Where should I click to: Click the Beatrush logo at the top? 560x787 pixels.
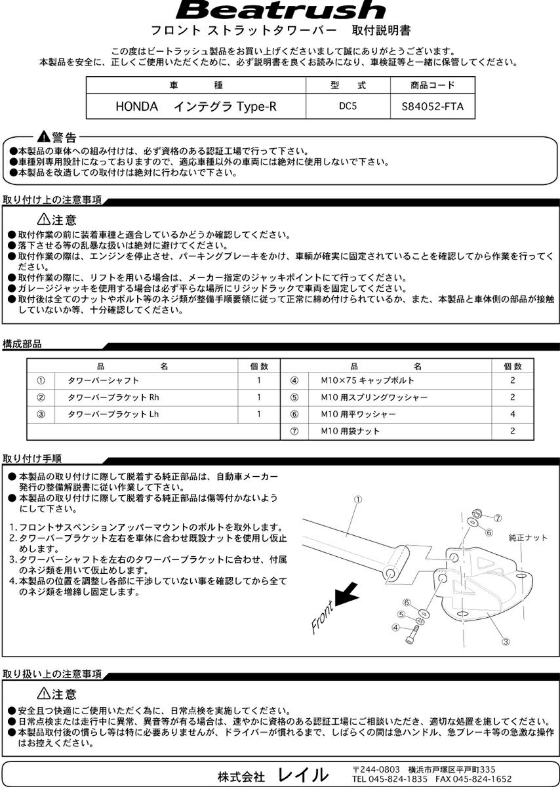(x=280, y=11)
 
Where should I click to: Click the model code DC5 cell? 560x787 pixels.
(x=348, y=106)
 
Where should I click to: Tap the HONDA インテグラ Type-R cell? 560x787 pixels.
(x=196, y=106)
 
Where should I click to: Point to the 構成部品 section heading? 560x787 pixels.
(x=22, y=344)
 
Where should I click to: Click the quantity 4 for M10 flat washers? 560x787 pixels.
(x=512, y=414)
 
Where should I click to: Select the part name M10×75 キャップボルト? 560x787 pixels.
(x=367, y=380)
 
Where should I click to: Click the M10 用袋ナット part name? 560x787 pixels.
(x=350, y=432)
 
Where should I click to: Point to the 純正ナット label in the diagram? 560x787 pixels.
(x=528, y=538)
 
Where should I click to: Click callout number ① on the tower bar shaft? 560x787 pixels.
(x=358, y=500)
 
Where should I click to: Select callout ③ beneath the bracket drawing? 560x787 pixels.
(x=506, y=641)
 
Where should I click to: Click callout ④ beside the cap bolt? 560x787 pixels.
(x=396, y=627)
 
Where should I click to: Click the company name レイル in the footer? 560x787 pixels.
(x=302, y=775)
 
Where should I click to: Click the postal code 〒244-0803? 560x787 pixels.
(x=376, y=769)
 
